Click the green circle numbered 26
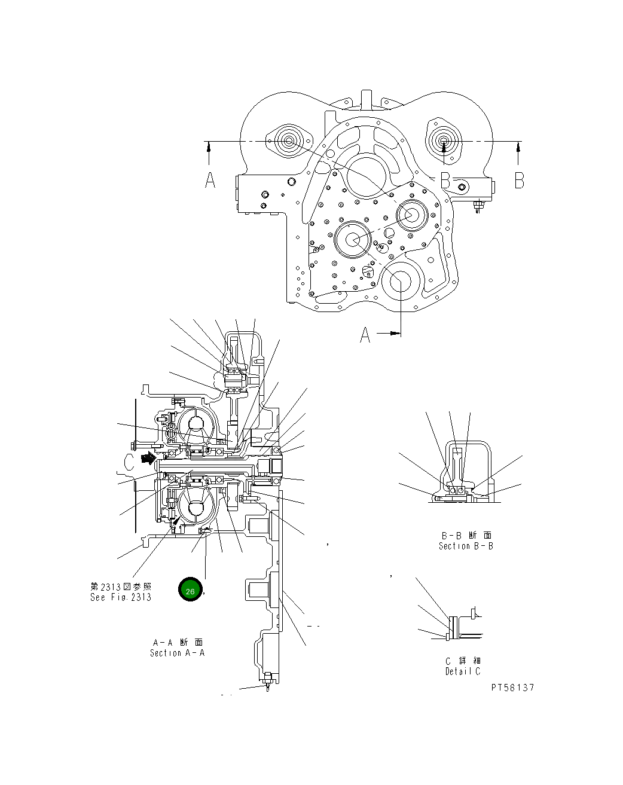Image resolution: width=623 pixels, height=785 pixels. tap(190, 591)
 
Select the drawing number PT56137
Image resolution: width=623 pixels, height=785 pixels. tap(512, 688)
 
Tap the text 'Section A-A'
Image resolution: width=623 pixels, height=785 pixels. tap(177, 653)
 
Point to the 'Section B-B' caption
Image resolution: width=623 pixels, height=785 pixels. tap(466, 546)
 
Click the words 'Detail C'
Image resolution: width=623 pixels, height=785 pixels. tap(462, 671)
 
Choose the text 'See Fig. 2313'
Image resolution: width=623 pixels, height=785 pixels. tap(121, 597)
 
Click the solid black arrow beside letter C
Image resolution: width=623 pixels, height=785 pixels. tap(145, 459)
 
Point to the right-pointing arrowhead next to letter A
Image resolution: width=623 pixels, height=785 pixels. tap(395, 334)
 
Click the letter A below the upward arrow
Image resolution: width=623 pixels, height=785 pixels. tap(210, 179)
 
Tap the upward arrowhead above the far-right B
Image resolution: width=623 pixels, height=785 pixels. tap(518, 145)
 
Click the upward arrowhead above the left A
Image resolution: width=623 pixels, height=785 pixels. tap(208, 145)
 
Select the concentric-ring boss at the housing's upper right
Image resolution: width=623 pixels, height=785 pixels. tap(444, 142)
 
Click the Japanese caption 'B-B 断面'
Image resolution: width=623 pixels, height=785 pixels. tap(466, 536)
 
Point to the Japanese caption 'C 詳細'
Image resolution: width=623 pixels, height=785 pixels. tap(463, 661)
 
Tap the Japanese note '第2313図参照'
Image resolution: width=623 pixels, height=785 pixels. tap(121, 587)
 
